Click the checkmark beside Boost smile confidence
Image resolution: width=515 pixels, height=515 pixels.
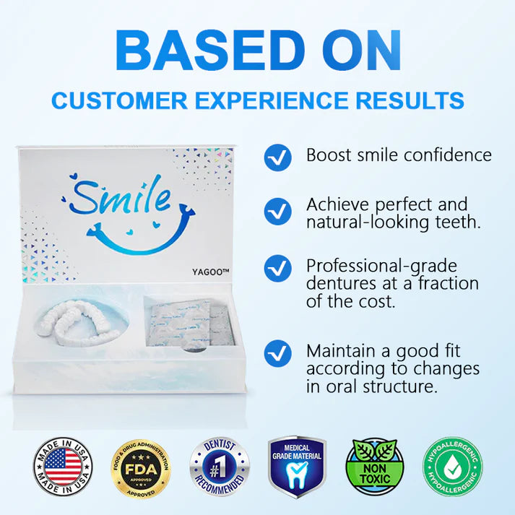pyautogui.click(x=278, y=156)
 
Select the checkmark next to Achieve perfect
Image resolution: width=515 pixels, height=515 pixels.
pyautogui.click(x=278, y=211)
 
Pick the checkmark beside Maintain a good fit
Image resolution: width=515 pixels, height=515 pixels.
pyautogui.click(x=278, y=354)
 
